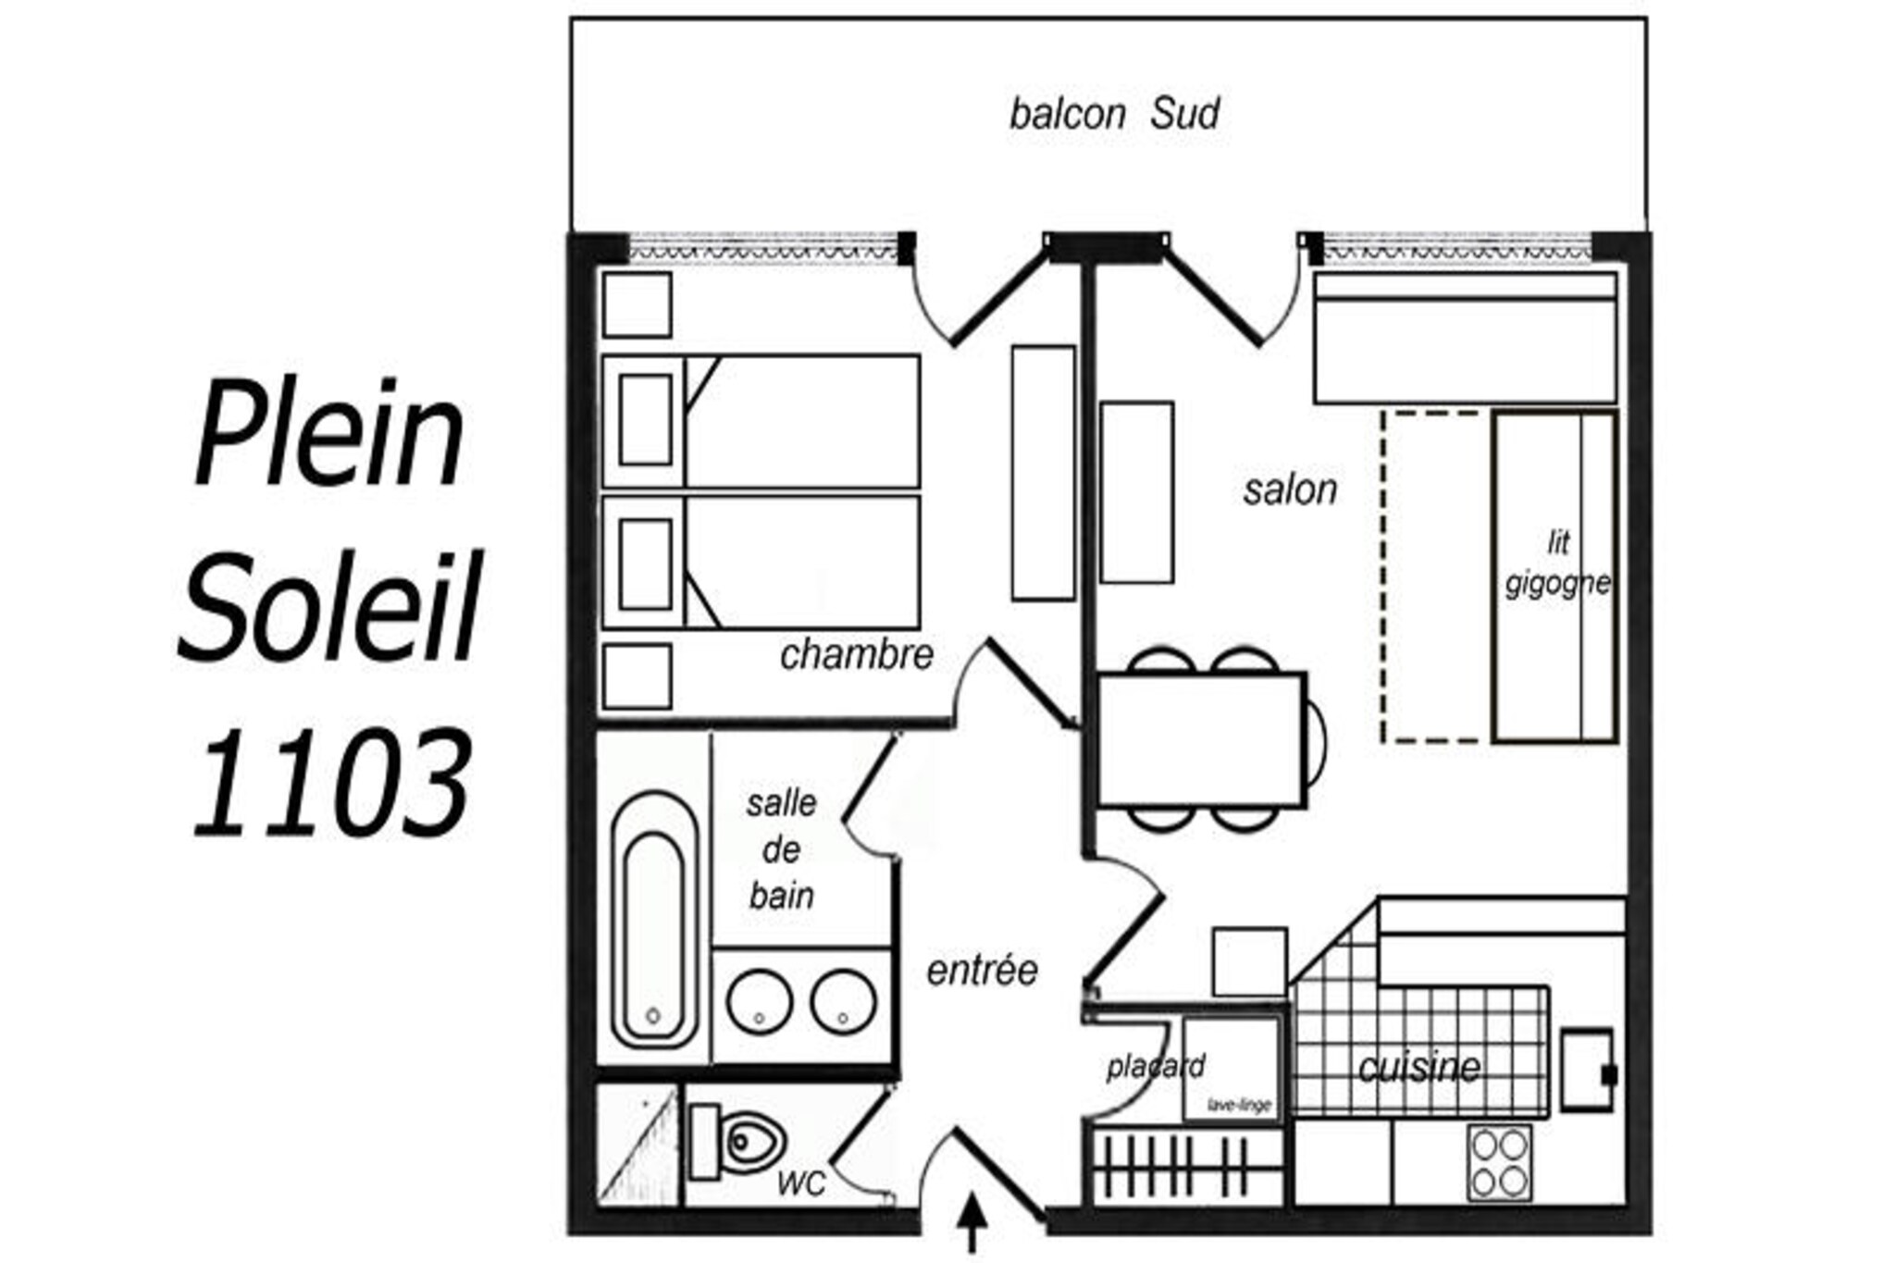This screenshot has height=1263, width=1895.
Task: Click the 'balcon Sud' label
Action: coord(1114,115)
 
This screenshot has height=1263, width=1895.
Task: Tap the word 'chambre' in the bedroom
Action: coord(857,655)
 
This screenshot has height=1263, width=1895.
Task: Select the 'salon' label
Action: coord(1290,489)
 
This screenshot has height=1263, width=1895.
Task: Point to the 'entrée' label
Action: coord(983,970)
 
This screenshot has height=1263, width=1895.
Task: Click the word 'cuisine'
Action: coord(1419,1068)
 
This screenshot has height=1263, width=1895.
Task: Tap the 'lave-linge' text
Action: coord(1239,1105)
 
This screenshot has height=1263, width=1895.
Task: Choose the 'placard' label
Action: coord(1156,1067)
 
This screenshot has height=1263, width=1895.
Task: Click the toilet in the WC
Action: coord(737,1142)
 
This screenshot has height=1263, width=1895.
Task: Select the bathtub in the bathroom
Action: coord(653,920)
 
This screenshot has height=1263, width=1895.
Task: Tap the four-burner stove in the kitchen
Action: coord(1499,1163)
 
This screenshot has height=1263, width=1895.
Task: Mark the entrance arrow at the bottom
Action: coord(972,1223)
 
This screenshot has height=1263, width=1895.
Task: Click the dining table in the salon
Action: coord(1202,740)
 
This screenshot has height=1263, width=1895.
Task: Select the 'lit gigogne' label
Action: coord(1558,563)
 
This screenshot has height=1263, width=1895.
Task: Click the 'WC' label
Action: coord(801,1183)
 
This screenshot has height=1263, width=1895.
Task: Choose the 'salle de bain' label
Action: coord(782,849)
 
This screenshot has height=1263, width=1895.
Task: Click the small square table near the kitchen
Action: coord(1249,962)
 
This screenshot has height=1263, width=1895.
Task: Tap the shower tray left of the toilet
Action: coord(638,1145)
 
